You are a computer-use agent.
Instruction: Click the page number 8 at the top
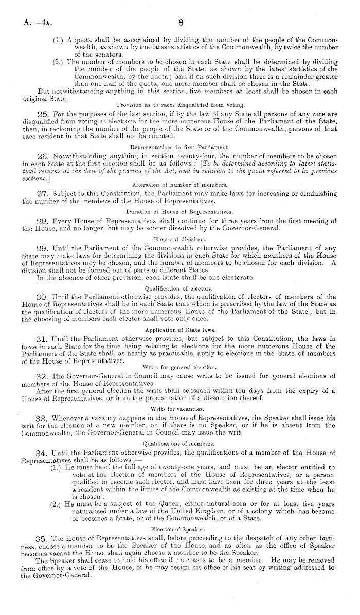(x=181, y=23)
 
